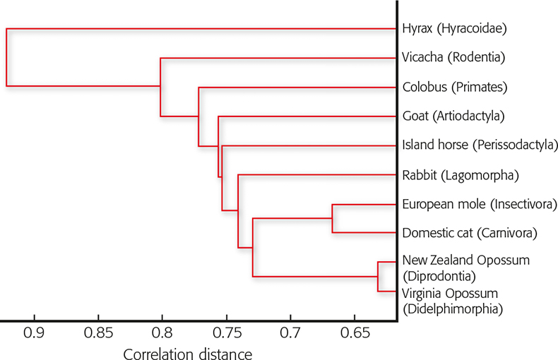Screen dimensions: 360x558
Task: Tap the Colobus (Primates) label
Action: click(455, 88)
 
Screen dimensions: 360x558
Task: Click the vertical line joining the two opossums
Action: click(379, 276)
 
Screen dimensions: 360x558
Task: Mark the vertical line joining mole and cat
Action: click(333, 218)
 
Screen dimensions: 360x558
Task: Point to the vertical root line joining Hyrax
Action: click(6, 57)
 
